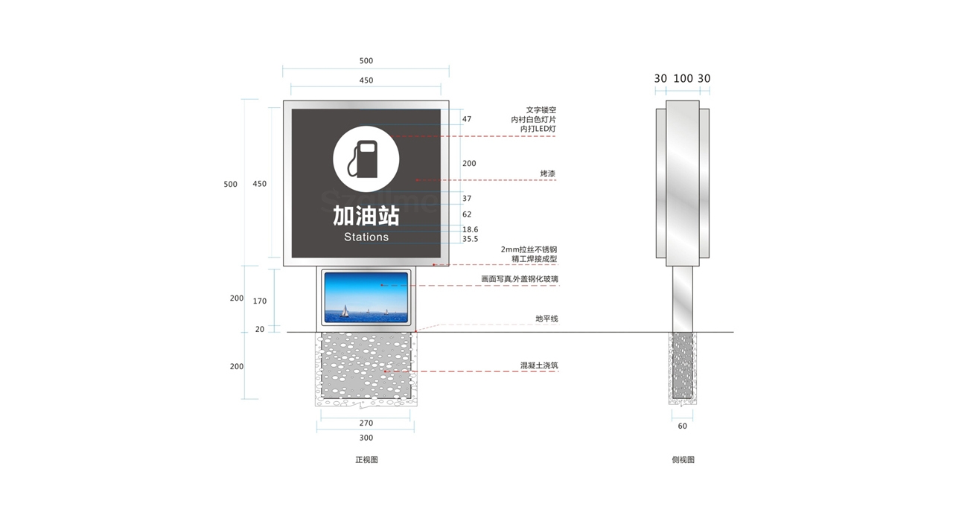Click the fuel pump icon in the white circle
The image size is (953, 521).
pyautogui.click(x=363, y=159)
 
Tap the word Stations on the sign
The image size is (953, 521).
pyautogui.click(x=366, y=237)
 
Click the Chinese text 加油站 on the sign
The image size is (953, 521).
pyautogui.click(x=366, y=216)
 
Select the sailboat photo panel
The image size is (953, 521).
pyautogui.click(x=366, y=297)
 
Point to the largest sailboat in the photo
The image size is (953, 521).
pyautogui.click(x=345, y=311)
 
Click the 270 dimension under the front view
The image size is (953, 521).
pyautogui.click(x=366, y=423)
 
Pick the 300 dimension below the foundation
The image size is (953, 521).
pyautogui.click(x=366, y=438)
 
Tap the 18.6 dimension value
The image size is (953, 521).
pyautogui.click(x=470, y=230)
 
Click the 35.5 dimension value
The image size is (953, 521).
pyautogui.click(x=470, y=239)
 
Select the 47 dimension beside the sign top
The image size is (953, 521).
pyautogui.click(x=467, y=119)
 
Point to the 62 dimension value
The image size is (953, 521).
pyautogui.click(x=467, y=214)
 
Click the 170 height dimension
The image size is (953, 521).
pyautogui.click(x=260, y=301)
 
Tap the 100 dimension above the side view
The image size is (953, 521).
pyautogui.click(x=683, y=78)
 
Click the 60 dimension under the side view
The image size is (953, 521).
pyautogui.click(x=683, y=426)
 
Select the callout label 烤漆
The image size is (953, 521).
pyautogui.click(x=548, y=173)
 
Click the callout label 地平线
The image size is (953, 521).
pyautogui.click(x=546, y=319)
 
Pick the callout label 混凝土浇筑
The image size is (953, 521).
pyautogui.click(x=539, y=365)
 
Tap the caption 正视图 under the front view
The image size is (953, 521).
pyautogui.click(x=367, y=460)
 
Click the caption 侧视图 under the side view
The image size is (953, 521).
pyautogui.click(x=683, y=460)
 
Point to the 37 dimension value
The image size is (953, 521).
pyautogui.click(x=467, y=199)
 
